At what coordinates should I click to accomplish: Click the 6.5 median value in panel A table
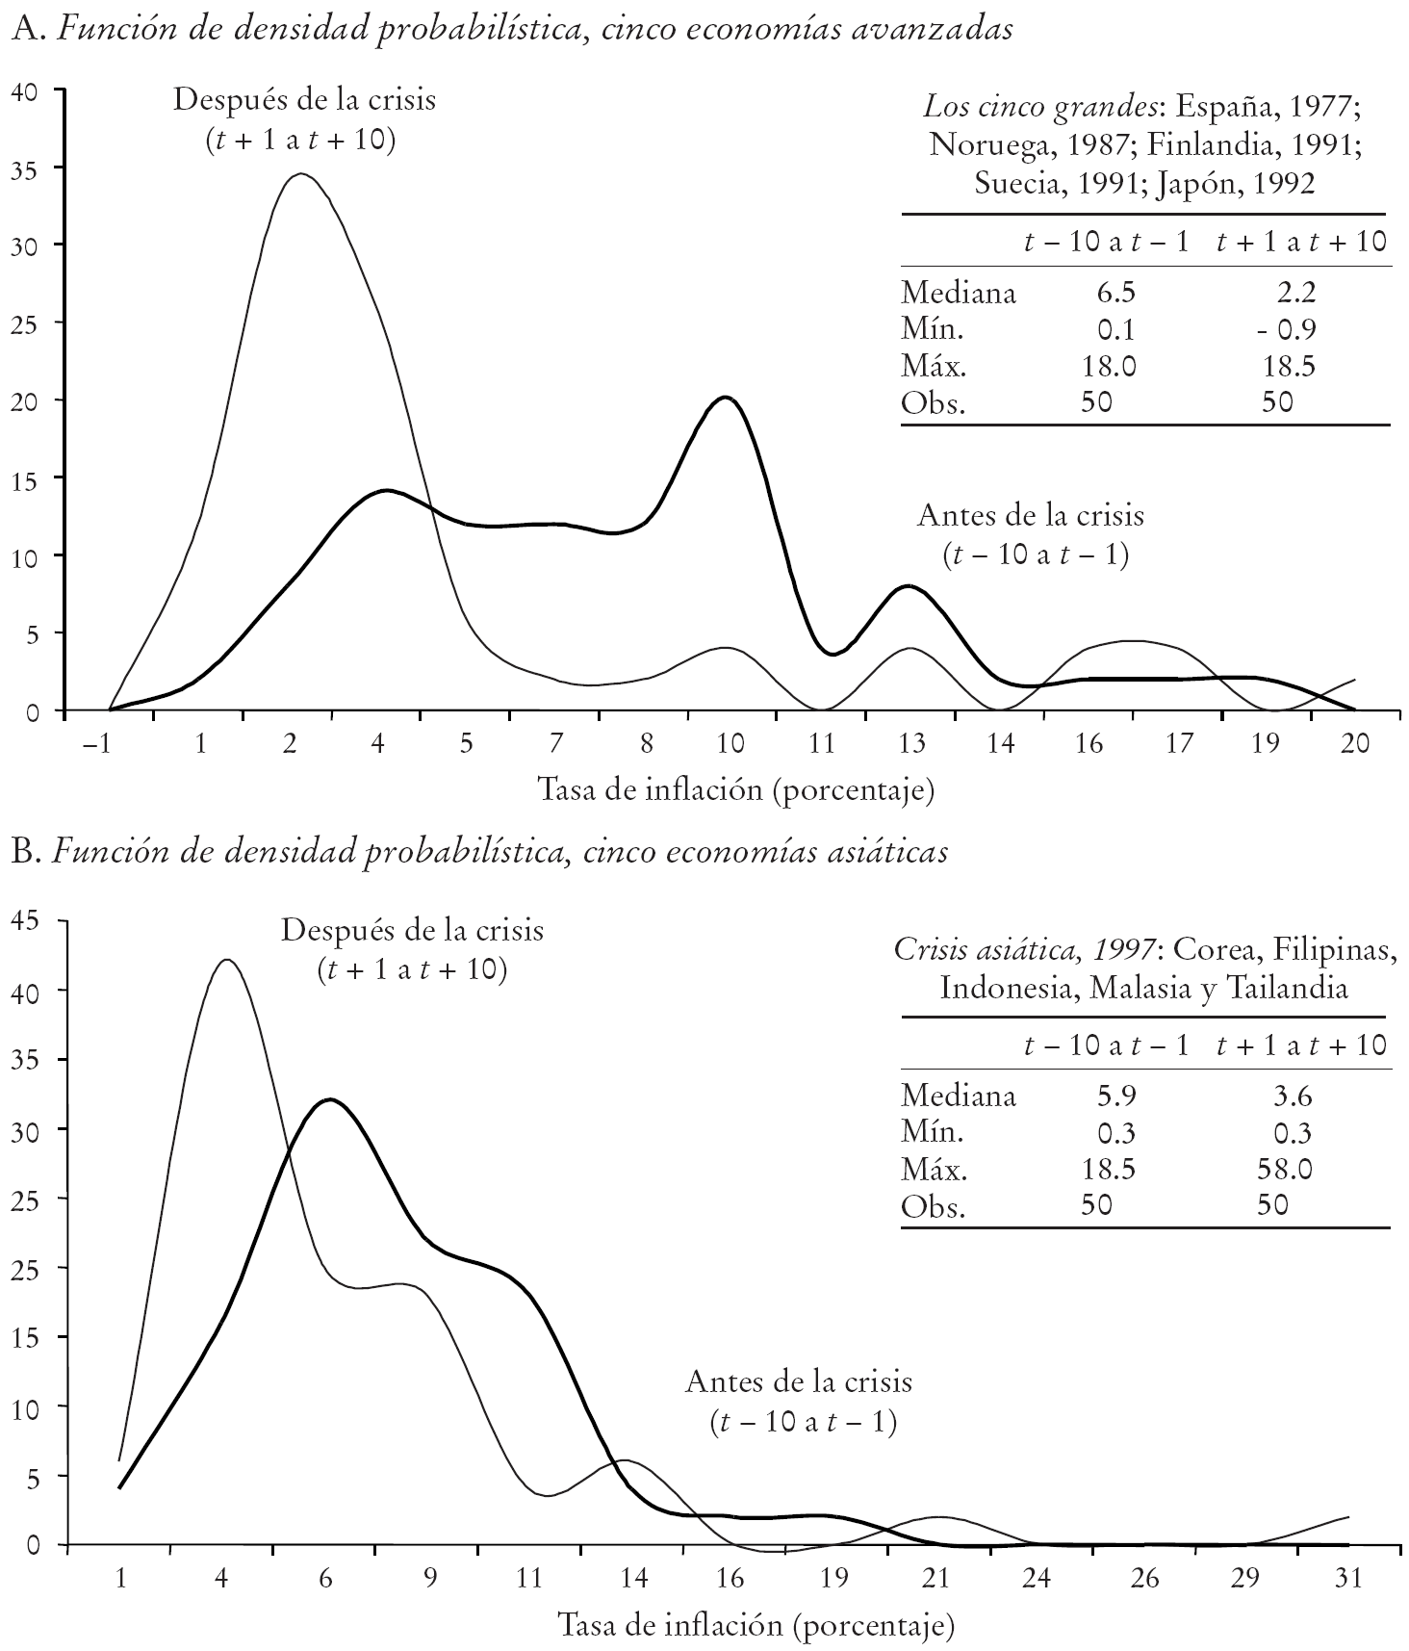click(x=1115, y=292)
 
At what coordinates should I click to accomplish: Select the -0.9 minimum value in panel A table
click(x=1284, y=329)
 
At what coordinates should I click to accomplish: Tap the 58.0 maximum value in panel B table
click(x=1285, y=1169)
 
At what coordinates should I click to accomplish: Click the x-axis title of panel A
click(x=735, y=791)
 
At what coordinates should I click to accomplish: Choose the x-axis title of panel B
click(x=756, y=1626)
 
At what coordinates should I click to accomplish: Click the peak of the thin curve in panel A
click(x=301, y=174)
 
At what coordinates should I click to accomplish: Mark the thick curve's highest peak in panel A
click(x=726, y=397)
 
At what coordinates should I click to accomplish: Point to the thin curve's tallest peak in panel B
click(x=226, y=960)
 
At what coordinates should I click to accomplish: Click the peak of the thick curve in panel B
click(x=329, y=1099)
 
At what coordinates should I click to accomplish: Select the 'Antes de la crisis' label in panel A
click(x=1031, y=515)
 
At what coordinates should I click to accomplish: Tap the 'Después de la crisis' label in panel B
click(x=412, y=931)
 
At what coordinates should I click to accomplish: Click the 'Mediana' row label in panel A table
click(x=958, y=292)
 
